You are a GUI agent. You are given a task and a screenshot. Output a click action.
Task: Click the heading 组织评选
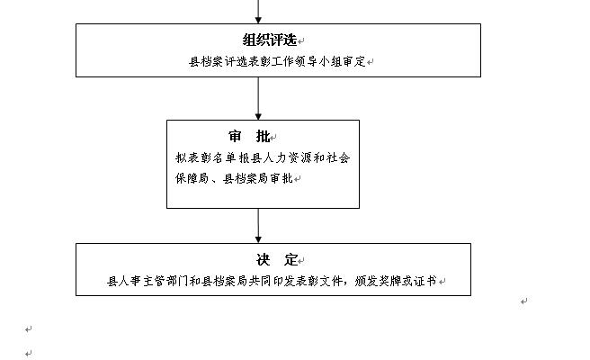point(270,40)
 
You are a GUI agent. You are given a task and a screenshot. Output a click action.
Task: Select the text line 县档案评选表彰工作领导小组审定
point(276,62)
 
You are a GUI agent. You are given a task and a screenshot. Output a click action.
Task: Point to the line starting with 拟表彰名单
point(262,157)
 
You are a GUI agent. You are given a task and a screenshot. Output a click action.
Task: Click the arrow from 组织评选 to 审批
point(259,99)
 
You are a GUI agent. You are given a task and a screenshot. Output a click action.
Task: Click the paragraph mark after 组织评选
point(301,41)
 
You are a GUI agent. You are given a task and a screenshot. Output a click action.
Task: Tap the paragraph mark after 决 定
point(303,260)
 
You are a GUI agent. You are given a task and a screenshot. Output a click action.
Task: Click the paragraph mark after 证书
point(442,282)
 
